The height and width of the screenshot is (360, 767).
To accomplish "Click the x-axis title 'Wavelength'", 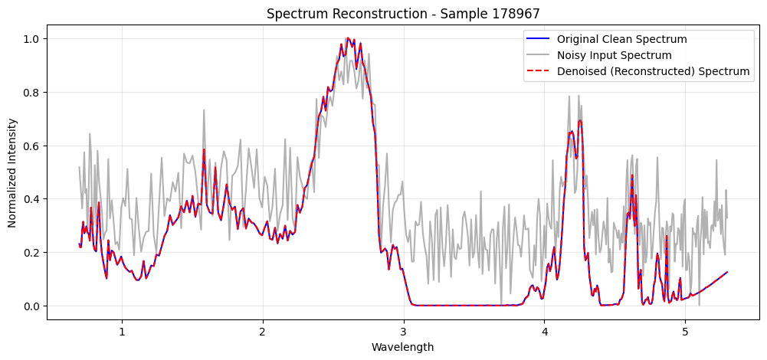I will (402, 347).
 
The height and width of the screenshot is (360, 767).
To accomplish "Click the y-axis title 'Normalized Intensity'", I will (12, 172).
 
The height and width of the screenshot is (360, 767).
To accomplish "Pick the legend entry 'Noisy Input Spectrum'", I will (614, 55).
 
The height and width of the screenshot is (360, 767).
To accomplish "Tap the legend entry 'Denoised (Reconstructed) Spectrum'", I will (653, 71).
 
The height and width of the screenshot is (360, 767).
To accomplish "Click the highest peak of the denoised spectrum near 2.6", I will (348, 38).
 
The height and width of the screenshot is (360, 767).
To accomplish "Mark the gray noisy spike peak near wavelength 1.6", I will (204, 110).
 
